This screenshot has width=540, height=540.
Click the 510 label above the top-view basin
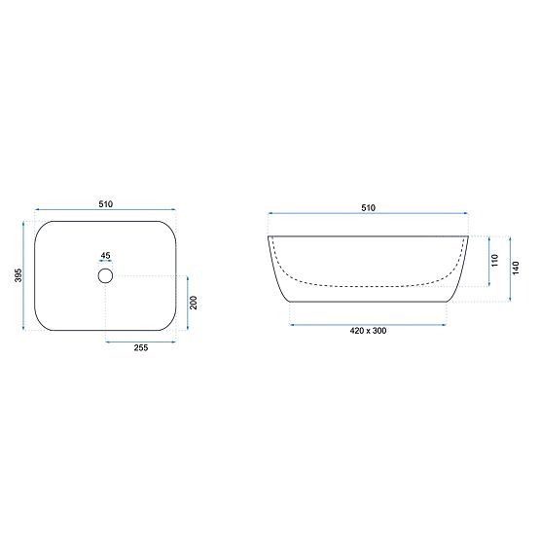pyautogui.click(x=106, y=204)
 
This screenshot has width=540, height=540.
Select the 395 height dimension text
pyautogui.click(x=18, y=276)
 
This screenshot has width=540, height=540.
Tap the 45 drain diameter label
pyautogui.click(x=106, y=256)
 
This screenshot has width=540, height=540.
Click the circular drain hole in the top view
pyautogui.click(x=106, y=276)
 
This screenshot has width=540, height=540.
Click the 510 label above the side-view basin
pyautogui.click(x=369, y=208)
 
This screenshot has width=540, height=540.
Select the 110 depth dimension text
pyautogui.click(x=494, y=261)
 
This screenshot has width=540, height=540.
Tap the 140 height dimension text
pyautogui.click(x=517, y=268)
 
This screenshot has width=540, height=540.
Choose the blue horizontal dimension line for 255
pyautogui.click(x=141, y=342)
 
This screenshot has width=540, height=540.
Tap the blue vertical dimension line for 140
pyautogui.click(x=509, y=268)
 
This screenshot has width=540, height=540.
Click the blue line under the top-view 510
pyautogui.click(x=106, y=211)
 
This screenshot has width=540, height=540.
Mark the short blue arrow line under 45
pyautogui.click(x=106, y=263)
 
